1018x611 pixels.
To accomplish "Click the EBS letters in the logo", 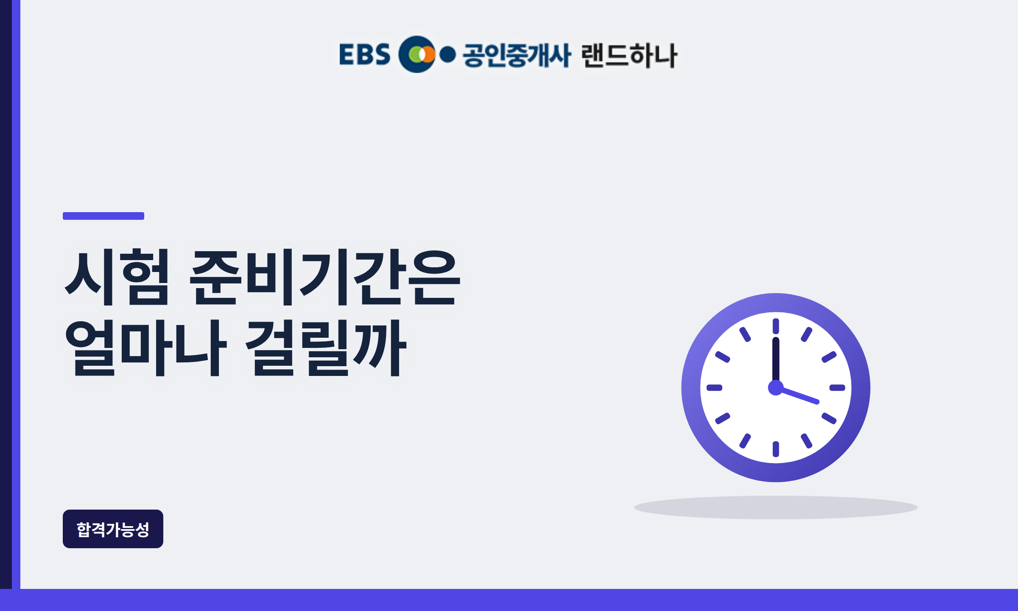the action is [365, 54].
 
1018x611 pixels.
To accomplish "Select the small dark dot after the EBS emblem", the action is [447, 54].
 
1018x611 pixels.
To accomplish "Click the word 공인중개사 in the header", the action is [517, 55].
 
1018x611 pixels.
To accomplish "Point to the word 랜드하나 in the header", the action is [629, 55].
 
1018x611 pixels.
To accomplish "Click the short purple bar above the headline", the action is [103, 216].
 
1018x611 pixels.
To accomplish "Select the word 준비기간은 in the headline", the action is [325, 277].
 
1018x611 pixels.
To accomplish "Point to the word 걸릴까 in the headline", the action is [326, 348].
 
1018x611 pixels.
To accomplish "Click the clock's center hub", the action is [776, 387].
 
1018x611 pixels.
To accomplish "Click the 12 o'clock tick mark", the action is [776, 326].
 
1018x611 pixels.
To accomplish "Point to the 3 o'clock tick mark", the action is [837, 387].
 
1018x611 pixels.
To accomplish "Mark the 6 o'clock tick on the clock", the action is [776, 449].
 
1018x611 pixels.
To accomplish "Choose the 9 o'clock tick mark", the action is [714, 387].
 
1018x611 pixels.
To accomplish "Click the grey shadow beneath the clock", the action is [776, 507].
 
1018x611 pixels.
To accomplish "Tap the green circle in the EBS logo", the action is [414, 54].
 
